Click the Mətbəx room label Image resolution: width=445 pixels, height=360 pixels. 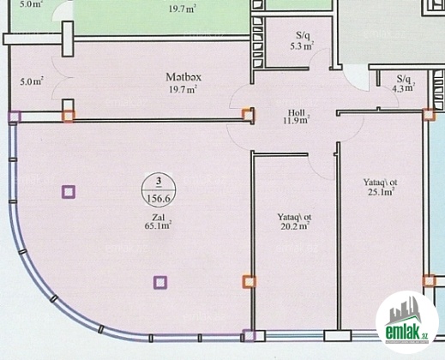183,77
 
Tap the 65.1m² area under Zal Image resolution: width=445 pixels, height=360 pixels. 158,225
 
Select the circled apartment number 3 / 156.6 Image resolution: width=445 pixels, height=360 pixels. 159,189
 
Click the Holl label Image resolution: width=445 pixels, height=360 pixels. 297,112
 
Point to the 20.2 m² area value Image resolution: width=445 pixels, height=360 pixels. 295,226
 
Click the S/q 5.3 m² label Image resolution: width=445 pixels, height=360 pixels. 303,40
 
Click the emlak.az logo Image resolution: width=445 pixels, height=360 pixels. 407,322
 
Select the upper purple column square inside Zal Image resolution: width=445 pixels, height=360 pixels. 69,192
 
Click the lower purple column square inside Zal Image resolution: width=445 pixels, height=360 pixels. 160,282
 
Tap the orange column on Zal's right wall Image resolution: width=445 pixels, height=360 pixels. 250,282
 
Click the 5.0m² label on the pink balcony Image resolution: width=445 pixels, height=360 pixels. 32,81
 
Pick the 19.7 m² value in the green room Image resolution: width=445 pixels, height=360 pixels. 183,9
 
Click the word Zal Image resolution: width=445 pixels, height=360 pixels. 158,218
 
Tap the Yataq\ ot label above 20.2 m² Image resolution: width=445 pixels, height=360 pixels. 294,217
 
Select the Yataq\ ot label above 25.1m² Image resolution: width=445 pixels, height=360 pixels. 380,183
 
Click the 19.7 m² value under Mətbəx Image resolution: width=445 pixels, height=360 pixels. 183,89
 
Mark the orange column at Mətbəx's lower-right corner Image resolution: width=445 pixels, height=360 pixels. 248,115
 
